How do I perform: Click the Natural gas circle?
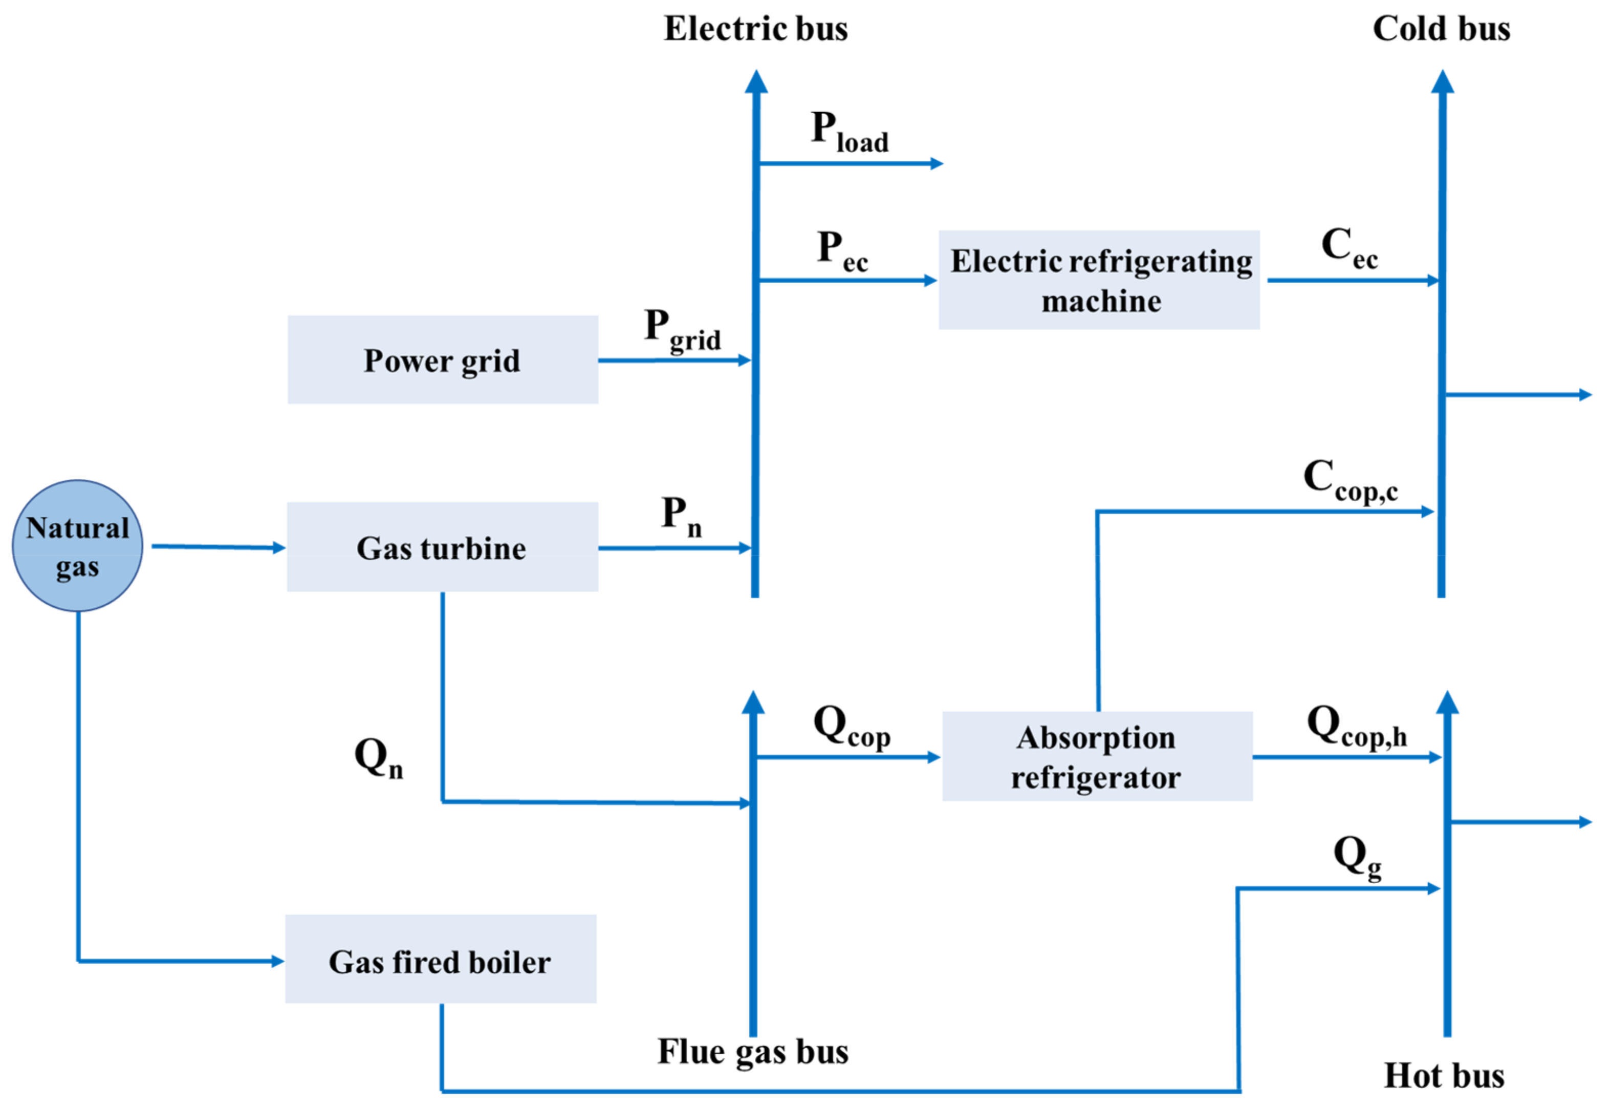[x=78, y=546]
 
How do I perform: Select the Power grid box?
[x=442, y=360]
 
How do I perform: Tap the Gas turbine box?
[x=442, y=547]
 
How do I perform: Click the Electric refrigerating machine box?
[x=1099, y=280]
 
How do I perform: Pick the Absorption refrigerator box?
[x=1097, y=756]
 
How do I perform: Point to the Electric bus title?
[x=755, y=29]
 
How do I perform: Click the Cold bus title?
[x=1441, y=29]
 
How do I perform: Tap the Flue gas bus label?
[x=753, y=1052]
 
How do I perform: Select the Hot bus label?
[x=1445, y=1075]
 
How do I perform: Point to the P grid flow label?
[x=682, y=331]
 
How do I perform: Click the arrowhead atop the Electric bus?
[x=756, y=82]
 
